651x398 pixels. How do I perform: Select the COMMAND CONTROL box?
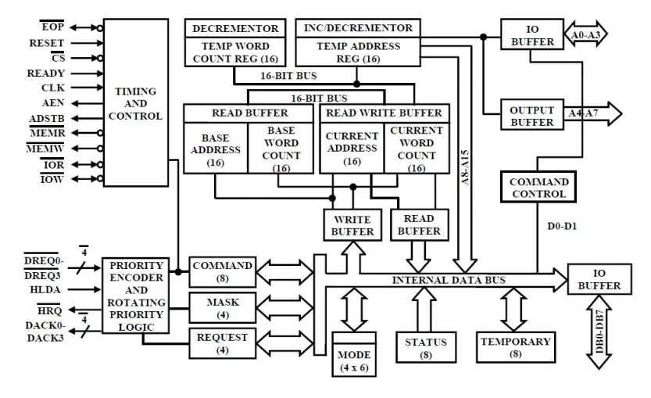tap(539, 188)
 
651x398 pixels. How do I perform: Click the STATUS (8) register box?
tap(426, 346)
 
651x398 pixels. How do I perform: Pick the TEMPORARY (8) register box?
tap(515, 346)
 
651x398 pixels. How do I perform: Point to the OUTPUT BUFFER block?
tap(531, 116)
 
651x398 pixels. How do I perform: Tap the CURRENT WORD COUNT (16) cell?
tap(416, 149)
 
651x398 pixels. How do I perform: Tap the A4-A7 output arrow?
tap(594, 114)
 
